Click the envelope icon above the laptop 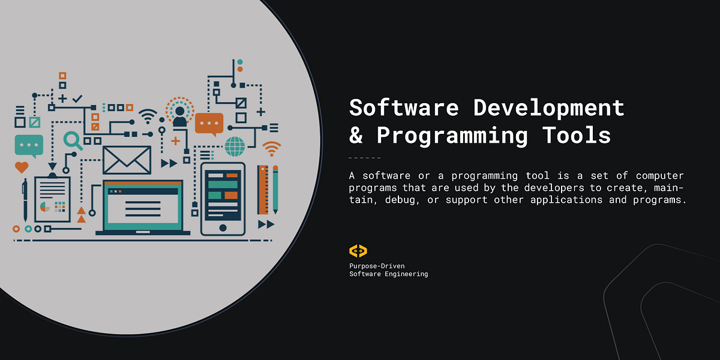[x=127, y=160]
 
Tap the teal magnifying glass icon [x=73, y=140]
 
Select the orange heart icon [x=22, y=167]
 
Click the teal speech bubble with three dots [x=29, y=145]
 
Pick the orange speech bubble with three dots [x=209, y=124]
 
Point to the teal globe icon [x=235, y=146]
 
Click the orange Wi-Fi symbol [x=271, y=148]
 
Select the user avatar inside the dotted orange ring [x=179, y=113]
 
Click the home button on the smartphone [x=223, y=227]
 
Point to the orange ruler [x=263, y=190]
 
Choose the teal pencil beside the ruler [x=275, y=190]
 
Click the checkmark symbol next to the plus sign [x=77, y=98]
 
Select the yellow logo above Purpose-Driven [x=358, y=251]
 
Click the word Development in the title [x=548, y=108]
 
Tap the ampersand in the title [x=356, y=136]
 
